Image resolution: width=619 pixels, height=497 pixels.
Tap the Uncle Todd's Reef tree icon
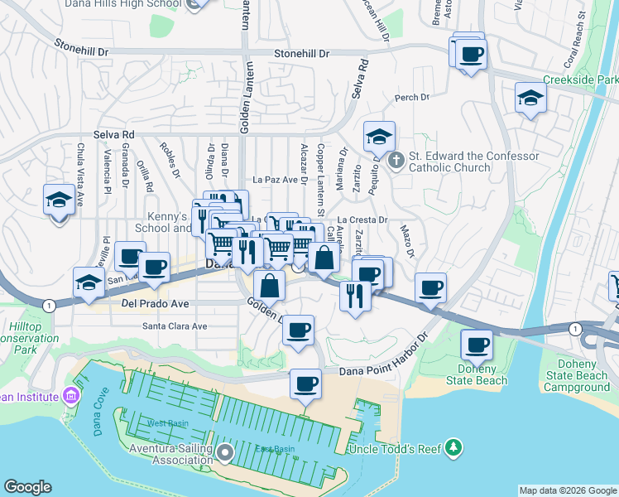coord(453,448)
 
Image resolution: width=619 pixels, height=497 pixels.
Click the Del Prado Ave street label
coord(155,304)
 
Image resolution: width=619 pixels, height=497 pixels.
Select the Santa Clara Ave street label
coord(175,326)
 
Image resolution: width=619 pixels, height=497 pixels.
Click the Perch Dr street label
coord(412,98)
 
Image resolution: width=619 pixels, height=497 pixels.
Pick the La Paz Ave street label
coord(275,179)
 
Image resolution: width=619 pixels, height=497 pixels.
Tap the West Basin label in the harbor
coord(167,423)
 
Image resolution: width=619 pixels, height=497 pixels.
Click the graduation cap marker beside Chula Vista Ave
coord(59,200)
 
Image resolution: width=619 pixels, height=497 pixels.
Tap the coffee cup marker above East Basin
coord(305,384)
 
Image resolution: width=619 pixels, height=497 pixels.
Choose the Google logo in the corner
coord(27,487)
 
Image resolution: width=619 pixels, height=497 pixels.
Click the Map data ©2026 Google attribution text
coord(568,490)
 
